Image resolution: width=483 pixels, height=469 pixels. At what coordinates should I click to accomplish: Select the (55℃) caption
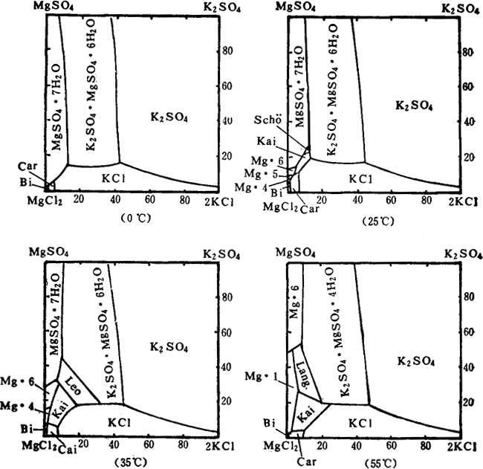click(375, 459)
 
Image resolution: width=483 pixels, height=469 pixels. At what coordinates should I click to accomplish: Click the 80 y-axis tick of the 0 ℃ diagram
click(228, 51)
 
